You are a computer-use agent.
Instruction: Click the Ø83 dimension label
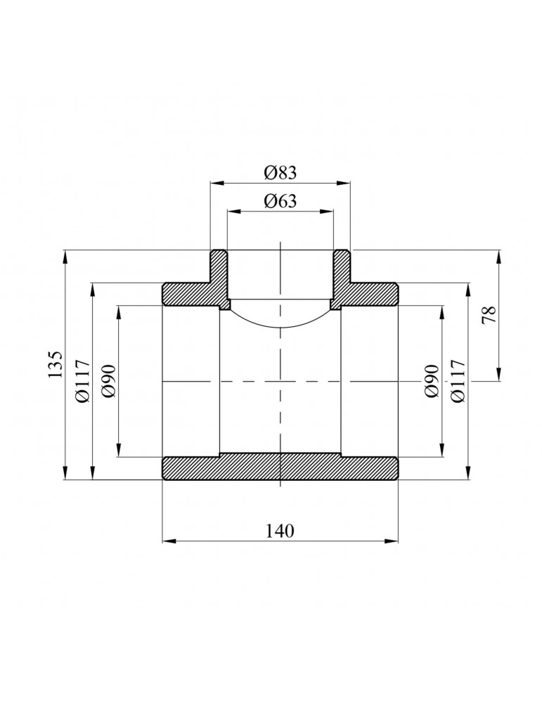click(x=280, y=172)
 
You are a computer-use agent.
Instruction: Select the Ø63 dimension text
click(x=280, y=200)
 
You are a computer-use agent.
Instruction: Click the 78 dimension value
click(x=489, y=315)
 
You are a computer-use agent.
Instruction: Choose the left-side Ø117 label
click(x=83, y=381)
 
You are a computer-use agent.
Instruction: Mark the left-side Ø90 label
click(x=109, y=381)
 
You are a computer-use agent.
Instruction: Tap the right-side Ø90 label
click(x=432, y=381)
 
